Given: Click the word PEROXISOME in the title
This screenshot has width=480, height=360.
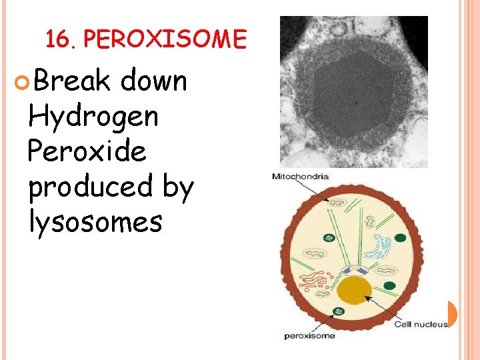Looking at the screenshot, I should coord(165,40).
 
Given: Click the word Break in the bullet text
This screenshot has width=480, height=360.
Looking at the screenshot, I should coord(72,81).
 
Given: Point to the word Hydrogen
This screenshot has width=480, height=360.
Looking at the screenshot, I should coord(93,117).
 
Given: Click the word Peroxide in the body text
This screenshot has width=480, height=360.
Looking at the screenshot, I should coord(87,151).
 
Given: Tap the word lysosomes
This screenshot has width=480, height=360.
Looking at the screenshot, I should coord(95,221).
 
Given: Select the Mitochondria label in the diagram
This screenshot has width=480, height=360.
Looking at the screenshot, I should coord(300,176).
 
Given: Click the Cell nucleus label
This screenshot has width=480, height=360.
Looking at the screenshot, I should coord(421,324).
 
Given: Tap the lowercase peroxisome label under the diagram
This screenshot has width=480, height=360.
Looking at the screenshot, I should coord(309,335).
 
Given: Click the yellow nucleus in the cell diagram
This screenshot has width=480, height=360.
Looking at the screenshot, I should coord(354,291).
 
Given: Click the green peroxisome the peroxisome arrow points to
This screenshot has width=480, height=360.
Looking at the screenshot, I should coord(340,311).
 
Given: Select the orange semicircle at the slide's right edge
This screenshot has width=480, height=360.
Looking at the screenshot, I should coord(452,313).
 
